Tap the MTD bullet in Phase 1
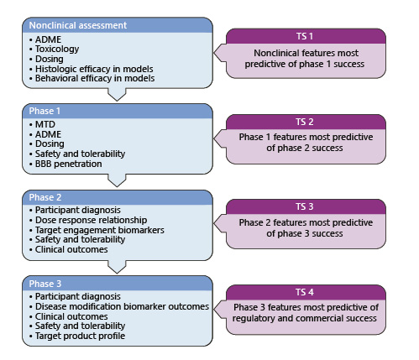point(42,124)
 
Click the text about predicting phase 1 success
point(306,59)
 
